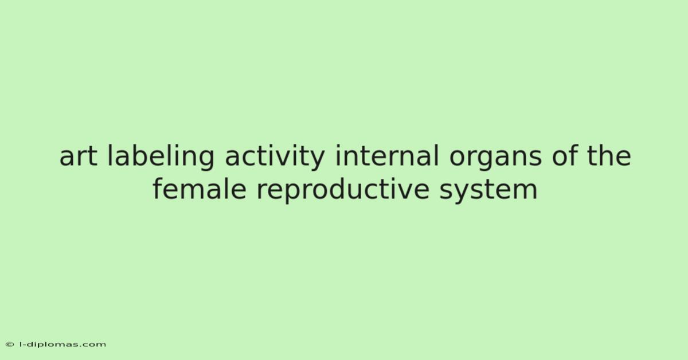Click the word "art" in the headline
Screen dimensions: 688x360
coord(78,157)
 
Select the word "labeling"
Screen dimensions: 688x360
coord(161,157)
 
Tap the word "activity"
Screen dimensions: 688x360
coord(275,157)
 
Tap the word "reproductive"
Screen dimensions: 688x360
coord(342,190)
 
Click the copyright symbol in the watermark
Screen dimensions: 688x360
coord(10,345)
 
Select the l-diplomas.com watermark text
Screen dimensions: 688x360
coord(62,345)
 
